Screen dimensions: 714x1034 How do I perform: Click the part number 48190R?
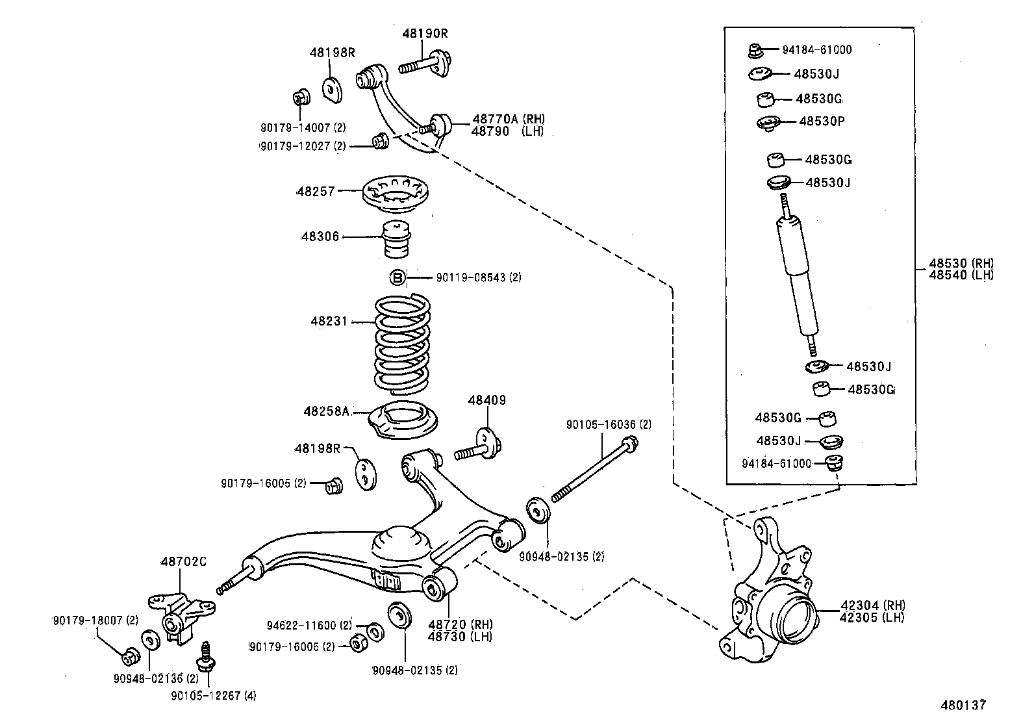[x=425, y=33]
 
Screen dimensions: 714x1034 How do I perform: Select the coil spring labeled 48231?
[x=403, y=344]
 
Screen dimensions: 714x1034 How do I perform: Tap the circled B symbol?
[x=397, y=278]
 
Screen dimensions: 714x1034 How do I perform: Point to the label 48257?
[x=316, y=192]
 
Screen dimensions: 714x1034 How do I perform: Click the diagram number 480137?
[x=965, y=704]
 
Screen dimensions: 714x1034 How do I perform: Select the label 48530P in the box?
[x=821, y=121]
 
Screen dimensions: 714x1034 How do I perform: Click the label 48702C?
[x=183, y=561]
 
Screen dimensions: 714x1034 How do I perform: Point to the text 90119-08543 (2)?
[x=478, y=278]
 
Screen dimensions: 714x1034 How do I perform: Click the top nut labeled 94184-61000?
[x=755, y=49]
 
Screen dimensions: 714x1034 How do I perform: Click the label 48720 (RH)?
[x=459, y=625]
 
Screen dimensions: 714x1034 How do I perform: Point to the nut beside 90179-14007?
[x=300, y=98]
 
